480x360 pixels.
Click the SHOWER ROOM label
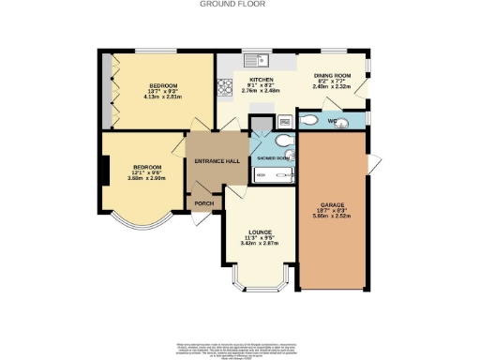pos(270,159)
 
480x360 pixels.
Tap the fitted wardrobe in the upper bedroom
pos(111,89)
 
